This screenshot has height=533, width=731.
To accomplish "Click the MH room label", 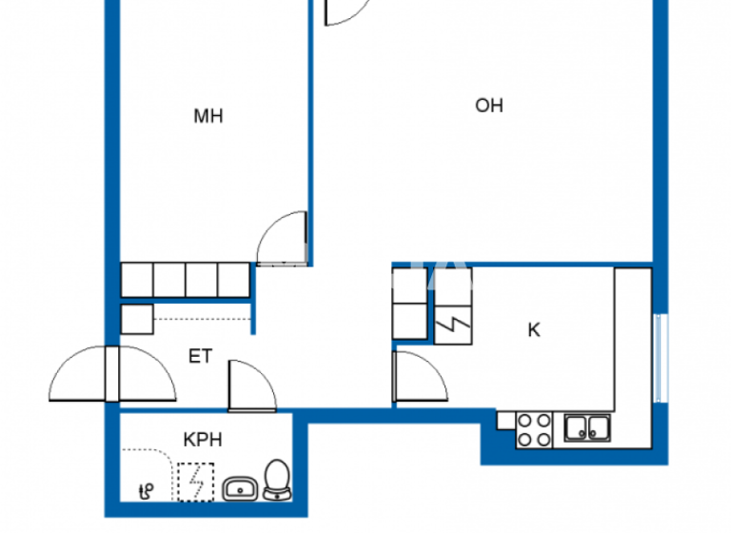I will [x=208, y=117].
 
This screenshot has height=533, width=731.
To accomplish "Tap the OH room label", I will [x=489, y=106].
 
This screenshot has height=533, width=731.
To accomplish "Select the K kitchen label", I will [x=534, y=330].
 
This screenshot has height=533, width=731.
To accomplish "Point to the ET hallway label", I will [x=200, y=357].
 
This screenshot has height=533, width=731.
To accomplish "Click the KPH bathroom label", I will [x=203, y=440].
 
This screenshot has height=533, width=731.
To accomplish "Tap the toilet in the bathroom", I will [x=277, y=480].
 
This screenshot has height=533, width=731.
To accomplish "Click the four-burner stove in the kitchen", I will [x=533, y=429].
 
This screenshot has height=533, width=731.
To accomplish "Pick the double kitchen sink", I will [x=587, y=428].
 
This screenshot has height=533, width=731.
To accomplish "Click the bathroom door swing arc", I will [x=249, y=384].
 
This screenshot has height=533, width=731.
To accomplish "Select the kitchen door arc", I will [x=420, y=377].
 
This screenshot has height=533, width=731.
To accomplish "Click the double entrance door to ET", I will [x=112, y=374].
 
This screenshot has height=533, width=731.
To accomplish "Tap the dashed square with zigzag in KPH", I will [x=196, y=481].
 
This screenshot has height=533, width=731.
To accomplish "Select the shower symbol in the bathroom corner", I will [x=146, y=491].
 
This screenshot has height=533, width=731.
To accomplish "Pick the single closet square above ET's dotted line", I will [x=137, y=319].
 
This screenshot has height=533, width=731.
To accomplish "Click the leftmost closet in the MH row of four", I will [x=137, y=280].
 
